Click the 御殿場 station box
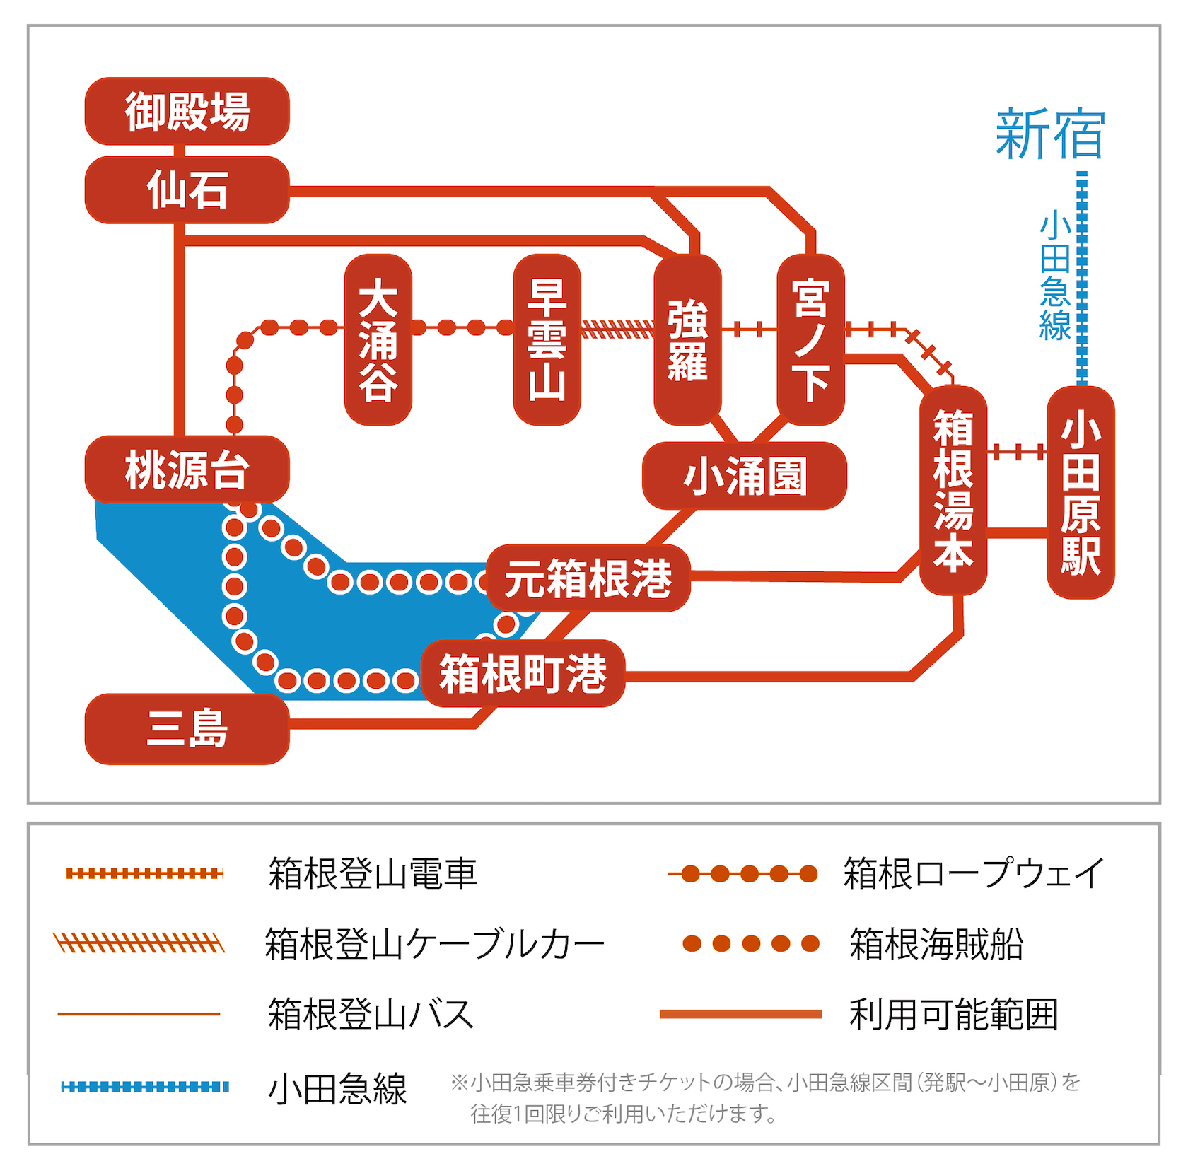187,112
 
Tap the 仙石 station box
187,190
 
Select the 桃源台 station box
187,470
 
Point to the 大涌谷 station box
378,340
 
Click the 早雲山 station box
547,340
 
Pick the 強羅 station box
687,340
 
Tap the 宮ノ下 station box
810,340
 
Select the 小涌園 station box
744,476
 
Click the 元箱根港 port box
588,578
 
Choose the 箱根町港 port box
523,673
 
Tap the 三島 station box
187,728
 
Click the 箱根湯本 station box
953,491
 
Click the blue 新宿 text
1049,134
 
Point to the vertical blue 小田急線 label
1055,276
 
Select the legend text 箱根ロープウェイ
973,873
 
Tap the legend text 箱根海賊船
936,944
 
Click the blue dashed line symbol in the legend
145,1087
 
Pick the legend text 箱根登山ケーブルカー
434,944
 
